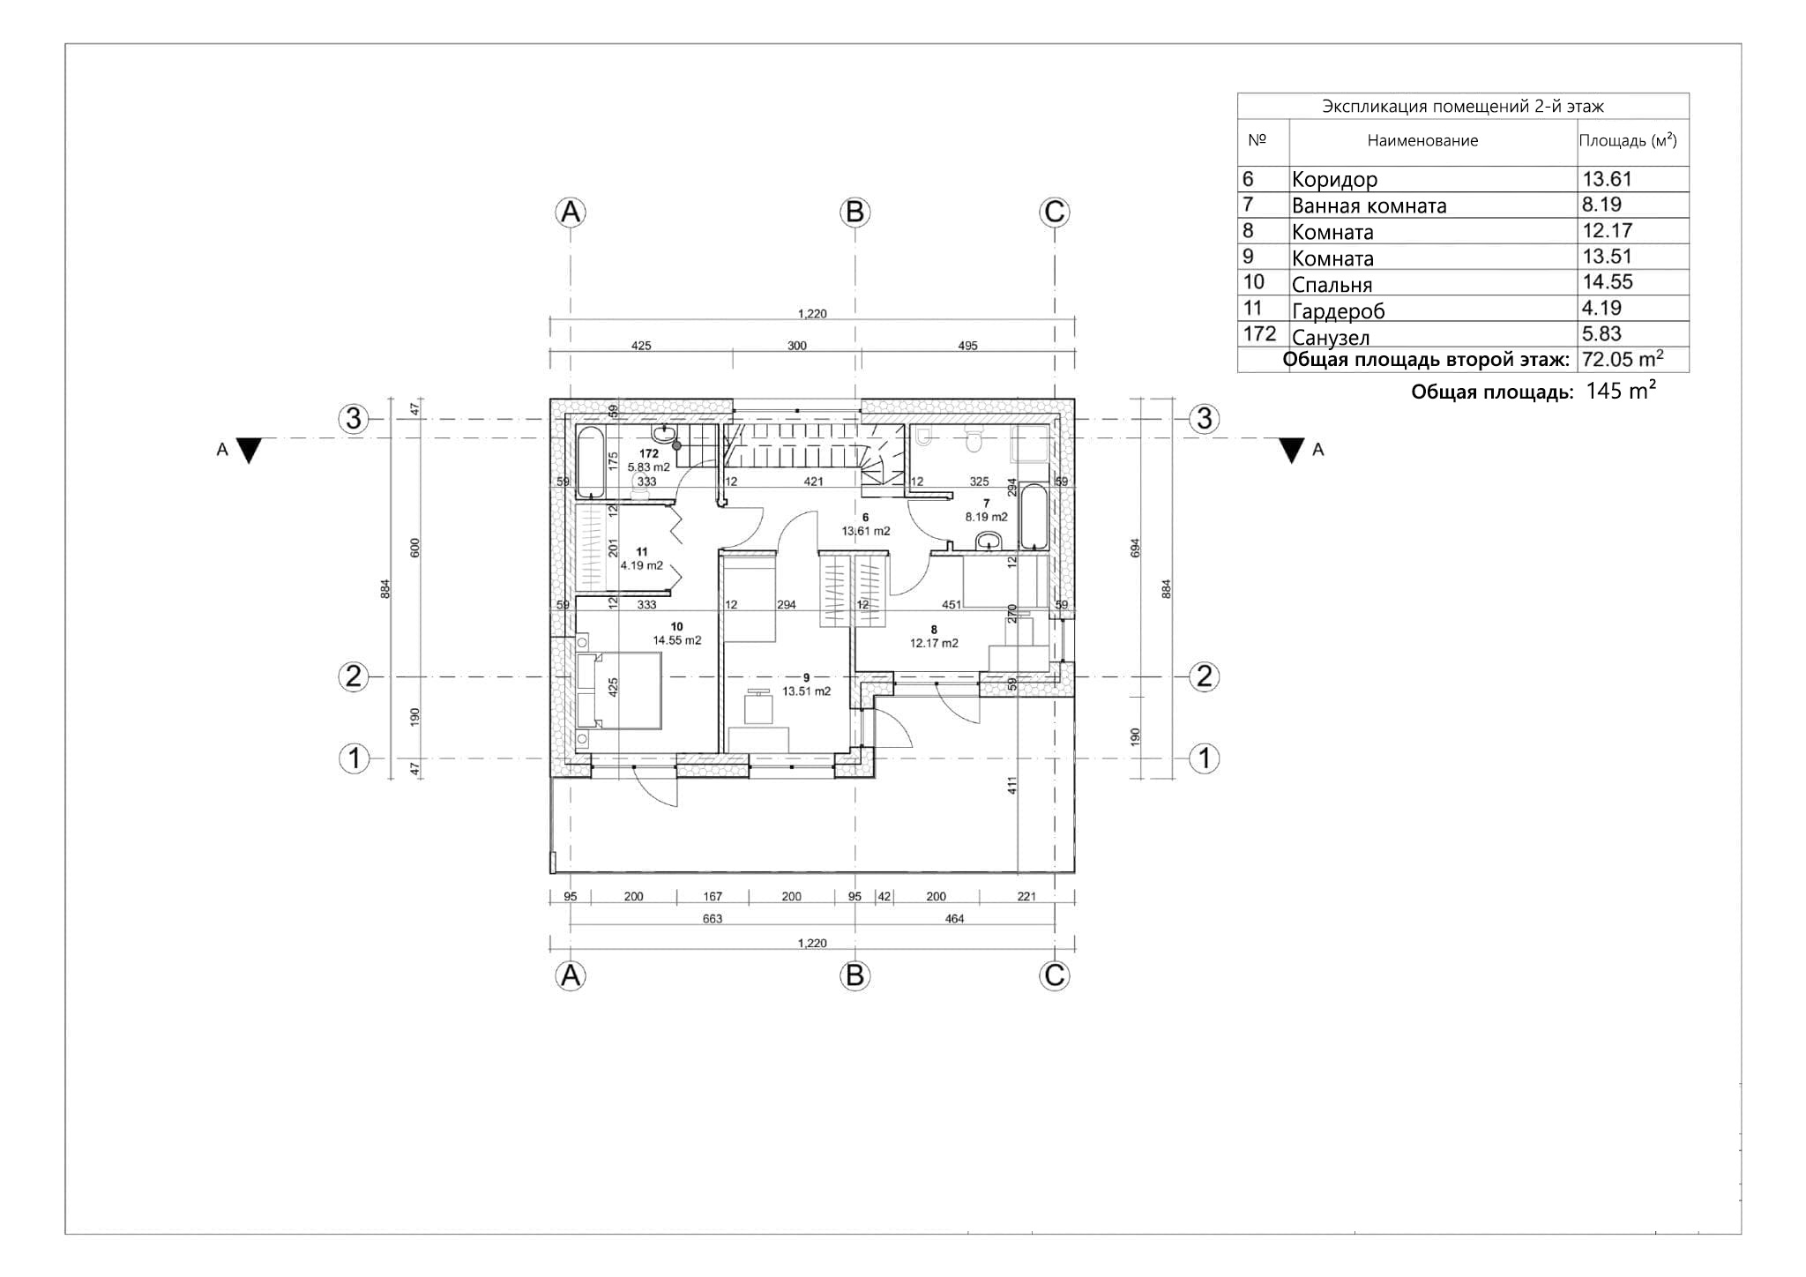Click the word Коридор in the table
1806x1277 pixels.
1334,180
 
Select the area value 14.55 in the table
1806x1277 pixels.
1608,282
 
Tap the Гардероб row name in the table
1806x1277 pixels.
1338,310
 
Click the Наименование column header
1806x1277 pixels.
1422,140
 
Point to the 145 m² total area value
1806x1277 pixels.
1621,392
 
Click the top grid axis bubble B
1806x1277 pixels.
854,212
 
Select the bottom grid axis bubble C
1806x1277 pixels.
1055,975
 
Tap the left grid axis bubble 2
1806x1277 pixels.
354,676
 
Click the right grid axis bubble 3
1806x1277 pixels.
1205,418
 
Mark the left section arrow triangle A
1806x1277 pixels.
250,451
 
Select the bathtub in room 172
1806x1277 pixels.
591,462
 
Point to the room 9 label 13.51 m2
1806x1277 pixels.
806,691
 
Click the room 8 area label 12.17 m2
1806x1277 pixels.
934,643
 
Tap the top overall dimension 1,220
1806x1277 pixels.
812,313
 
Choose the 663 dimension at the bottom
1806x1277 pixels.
713,919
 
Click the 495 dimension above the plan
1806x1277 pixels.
967,346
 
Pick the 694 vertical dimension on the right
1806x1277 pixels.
1136,548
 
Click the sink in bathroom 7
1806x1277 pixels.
989,541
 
